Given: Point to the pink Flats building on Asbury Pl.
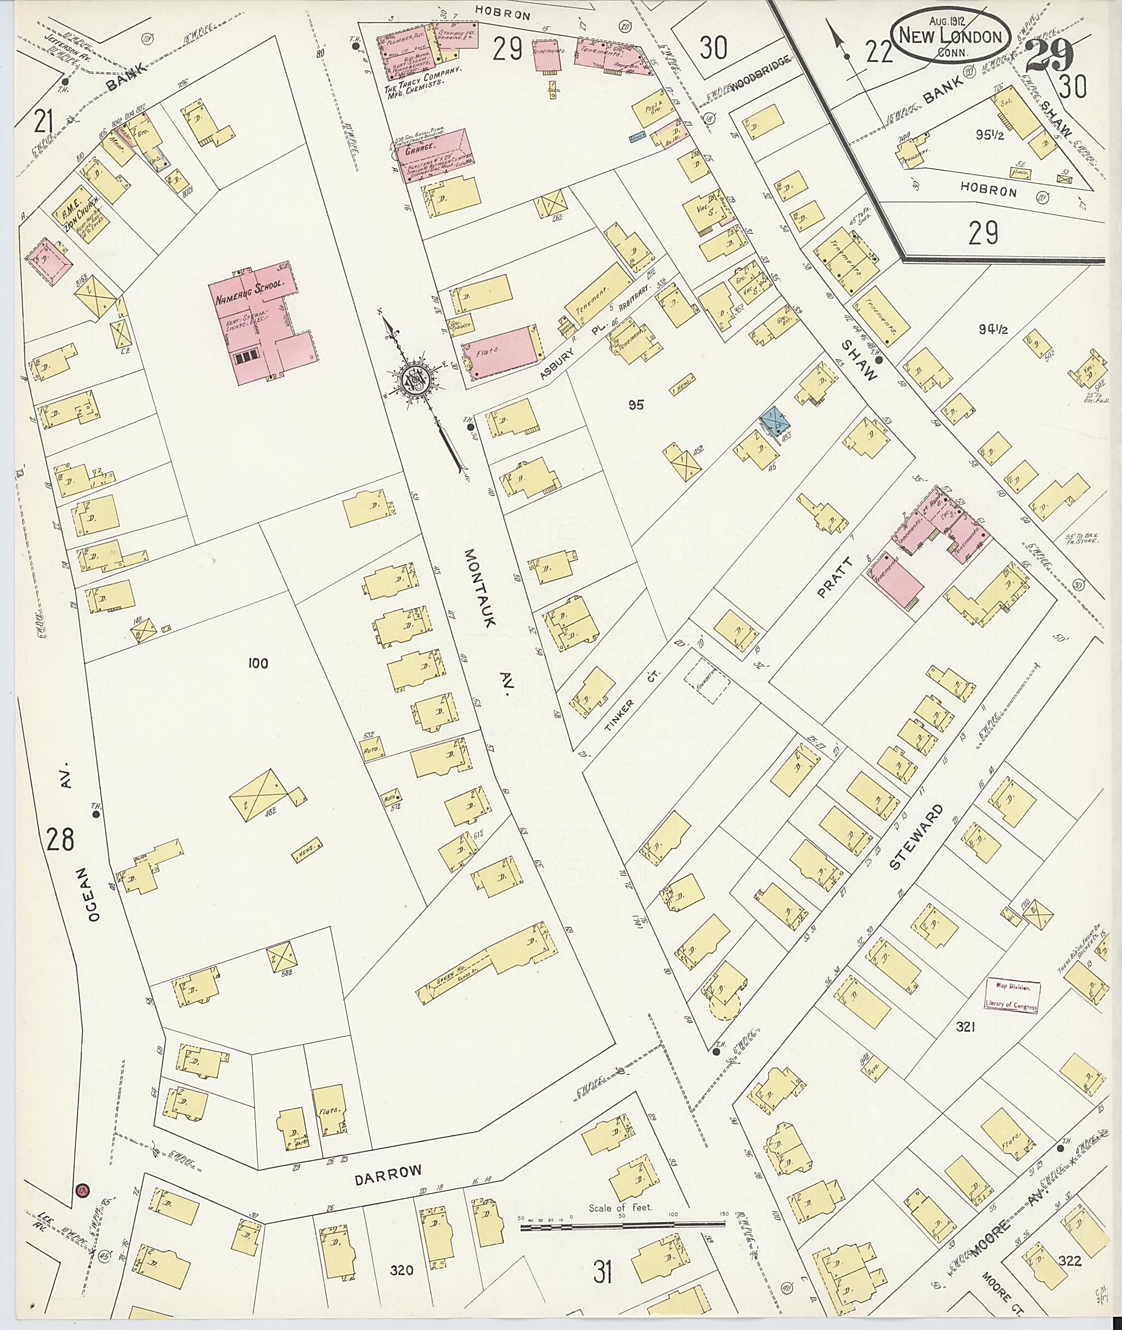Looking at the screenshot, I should [x=502, y=352].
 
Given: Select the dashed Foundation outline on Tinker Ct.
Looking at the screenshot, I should [x=706, y=679].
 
